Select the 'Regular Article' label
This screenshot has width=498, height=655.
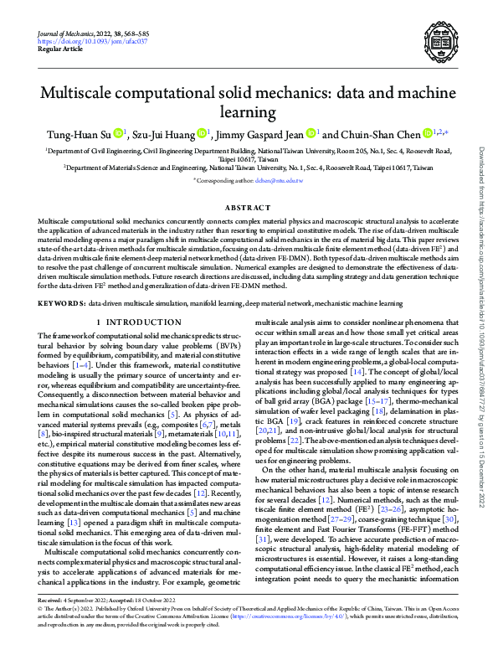(60, 49)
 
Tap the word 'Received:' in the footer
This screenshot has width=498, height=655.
(53, 623)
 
